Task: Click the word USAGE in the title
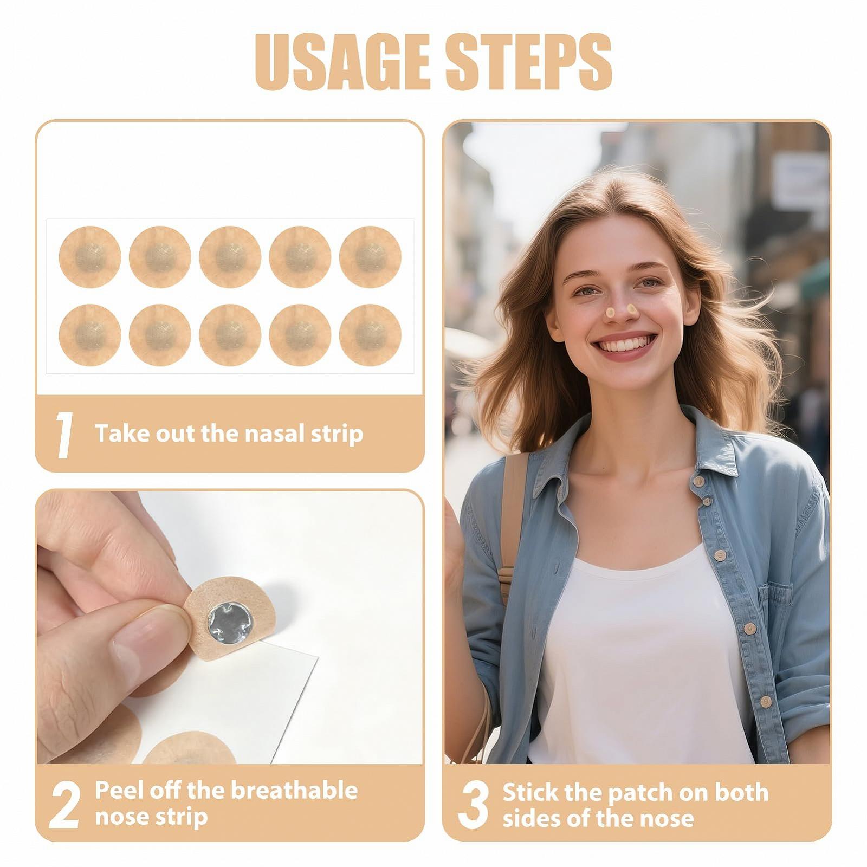coord(343,62)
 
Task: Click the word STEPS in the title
coord(529,62)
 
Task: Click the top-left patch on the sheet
coord(90,256)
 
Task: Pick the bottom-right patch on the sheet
coord(370,335)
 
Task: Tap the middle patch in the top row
coord(230,256)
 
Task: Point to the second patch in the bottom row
coord(160,335)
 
